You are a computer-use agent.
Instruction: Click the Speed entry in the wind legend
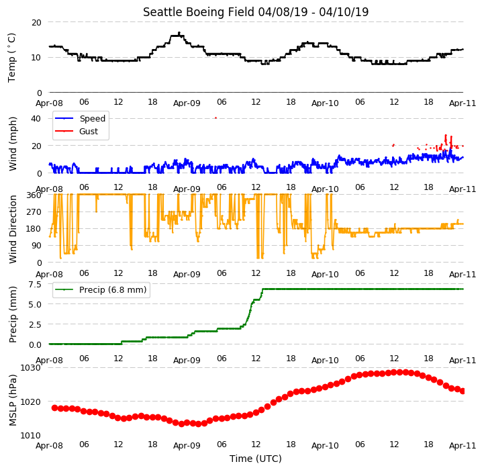click(x=92, y=119)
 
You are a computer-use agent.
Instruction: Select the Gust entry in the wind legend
click(x=89, y=131)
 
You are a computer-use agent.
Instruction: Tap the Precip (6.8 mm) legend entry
click(x=113, y=289)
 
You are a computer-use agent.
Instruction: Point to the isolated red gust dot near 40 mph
click(x=215, y=118)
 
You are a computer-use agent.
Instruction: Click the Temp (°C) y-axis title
click(x=11, y=58)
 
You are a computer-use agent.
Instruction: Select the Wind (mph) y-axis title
click(x=13, y=144)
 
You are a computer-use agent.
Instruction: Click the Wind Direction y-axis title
click(x=13, y=229)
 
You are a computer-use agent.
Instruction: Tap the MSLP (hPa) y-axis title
click(x=13, y=400)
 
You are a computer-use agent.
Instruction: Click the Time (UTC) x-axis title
click(x=256, y=459)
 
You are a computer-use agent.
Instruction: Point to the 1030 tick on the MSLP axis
click(x=31, y=368)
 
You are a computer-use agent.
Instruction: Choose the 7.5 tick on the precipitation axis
click(x=35, y=285)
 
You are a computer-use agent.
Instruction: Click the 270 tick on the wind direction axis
click(x=34, y=212)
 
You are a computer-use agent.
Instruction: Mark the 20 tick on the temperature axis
click(x=36, y=23)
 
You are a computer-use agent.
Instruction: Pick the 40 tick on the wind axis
click(x=36, y=119)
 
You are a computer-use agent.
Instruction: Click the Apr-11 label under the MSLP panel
click(x=463, y=445)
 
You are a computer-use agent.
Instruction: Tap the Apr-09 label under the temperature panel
click(x=187, y=103)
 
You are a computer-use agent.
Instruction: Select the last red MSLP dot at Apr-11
click(x=463, y=391)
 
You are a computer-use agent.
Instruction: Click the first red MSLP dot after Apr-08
click(x=54, y=408)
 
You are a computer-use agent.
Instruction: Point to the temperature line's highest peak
click(x=179, y=32)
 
